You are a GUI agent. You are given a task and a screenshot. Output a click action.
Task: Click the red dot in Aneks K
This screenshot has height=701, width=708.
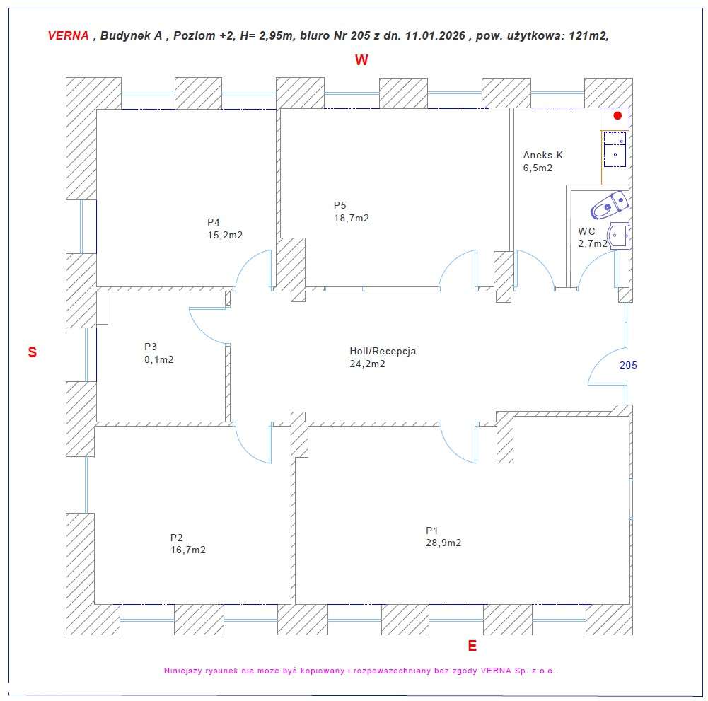click(x=617, y=115)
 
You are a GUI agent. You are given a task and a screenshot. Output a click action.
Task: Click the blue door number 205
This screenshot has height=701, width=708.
click(x=628, y=366)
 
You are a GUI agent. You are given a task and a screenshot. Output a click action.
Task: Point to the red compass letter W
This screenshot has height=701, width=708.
click(x=361, y=61)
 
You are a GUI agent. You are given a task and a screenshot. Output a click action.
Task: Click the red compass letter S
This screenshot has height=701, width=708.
click(x=32, y=352)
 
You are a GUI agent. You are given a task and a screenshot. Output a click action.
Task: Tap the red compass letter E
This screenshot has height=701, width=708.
click(x=472, y=646)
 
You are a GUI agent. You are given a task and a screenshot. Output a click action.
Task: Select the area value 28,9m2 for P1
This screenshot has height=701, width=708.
click(x=443, y=543)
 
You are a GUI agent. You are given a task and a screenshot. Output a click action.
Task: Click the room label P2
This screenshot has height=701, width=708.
click(x=177, y=537)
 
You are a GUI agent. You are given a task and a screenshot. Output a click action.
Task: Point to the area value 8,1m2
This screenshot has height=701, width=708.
click(x=158, y=359)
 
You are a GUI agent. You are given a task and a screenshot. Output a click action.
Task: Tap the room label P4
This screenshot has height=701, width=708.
click(x=214, y=222)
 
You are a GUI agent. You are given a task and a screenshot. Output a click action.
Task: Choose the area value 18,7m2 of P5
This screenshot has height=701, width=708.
click(x=352, y=218)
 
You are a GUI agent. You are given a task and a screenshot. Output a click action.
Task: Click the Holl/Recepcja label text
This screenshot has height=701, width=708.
click(x=383, y=351)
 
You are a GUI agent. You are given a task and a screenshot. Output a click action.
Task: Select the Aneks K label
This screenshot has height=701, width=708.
click(x=543, y=155)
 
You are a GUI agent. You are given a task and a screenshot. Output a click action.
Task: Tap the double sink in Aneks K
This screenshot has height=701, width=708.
click(x=615, y=149)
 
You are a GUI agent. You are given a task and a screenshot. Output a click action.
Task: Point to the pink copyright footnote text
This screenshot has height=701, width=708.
click(x=361, y=670)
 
